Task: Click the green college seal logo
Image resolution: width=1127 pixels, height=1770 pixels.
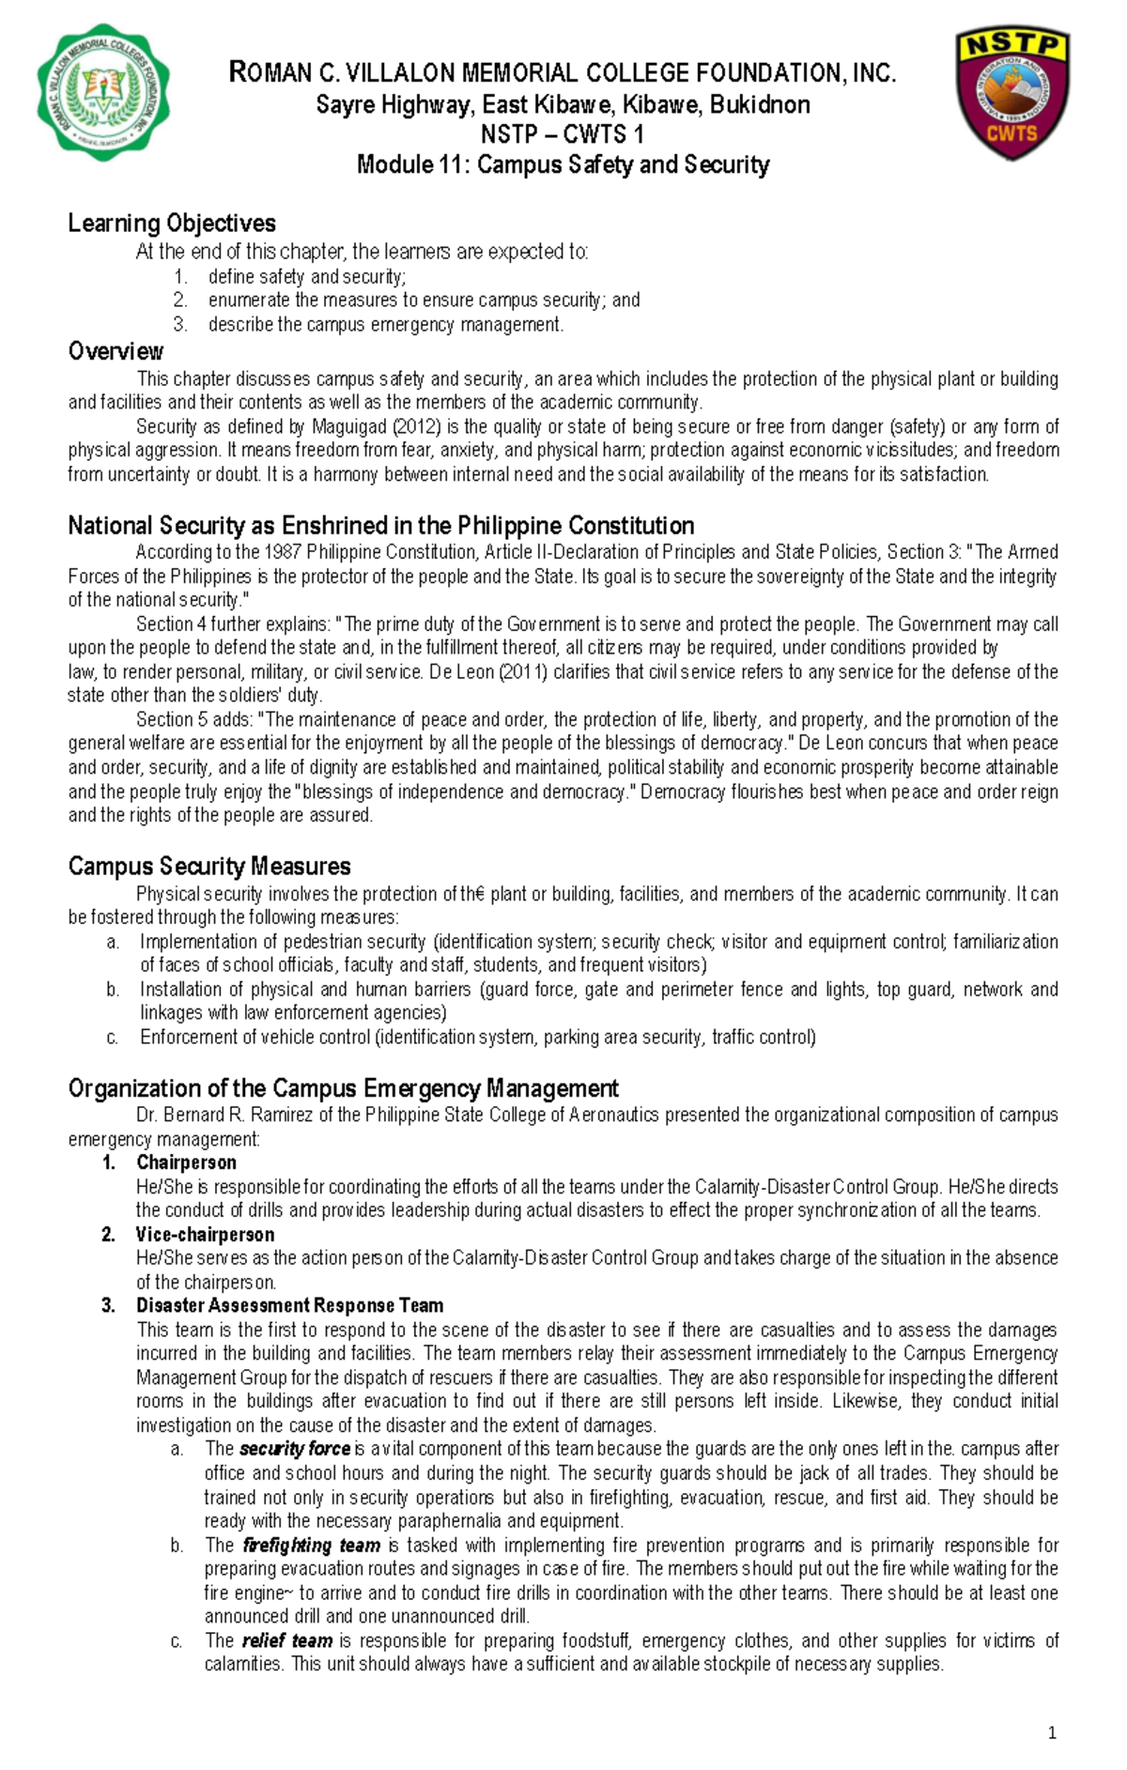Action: point(102,92)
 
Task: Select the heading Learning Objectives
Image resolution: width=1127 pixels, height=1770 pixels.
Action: point(172,223)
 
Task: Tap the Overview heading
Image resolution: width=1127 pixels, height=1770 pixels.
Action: point(116,351)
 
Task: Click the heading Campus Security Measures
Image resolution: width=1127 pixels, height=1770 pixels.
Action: point(209,866)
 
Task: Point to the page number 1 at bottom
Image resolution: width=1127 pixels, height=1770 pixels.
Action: point(1052,1732)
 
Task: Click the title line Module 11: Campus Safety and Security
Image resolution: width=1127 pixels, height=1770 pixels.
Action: point(563,165)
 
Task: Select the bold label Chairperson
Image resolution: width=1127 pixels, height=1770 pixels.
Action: point(186,1162)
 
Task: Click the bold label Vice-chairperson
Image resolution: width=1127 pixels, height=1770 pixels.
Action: point(205,1234)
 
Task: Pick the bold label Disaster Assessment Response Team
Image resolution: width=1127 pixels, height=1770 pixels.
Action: point(289,1305)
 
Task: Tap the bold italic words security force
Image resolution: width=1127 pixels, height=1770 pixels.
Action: point(295,1449)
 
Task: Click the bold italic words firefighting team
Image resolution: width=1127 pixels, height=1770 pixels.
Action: point(311,1545)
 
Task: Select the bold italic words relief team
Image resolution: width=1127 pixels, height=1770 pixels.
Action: point(286,1640)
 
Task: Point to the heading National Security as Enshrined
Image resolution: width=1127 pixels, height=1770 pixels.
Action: point(380,526)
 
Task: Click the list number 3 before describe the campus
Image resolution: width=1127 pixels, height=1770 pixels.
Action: point(180,325)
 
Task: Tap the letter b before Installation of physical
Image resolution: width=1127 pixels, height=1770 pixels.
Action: point(113,989)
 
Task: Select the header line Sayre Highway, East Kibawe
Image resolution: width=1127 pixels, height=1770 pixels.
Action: point(563,104)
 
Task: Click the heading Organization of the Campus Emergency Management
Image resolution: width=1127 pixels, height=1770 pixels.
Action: point(343,1088)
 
